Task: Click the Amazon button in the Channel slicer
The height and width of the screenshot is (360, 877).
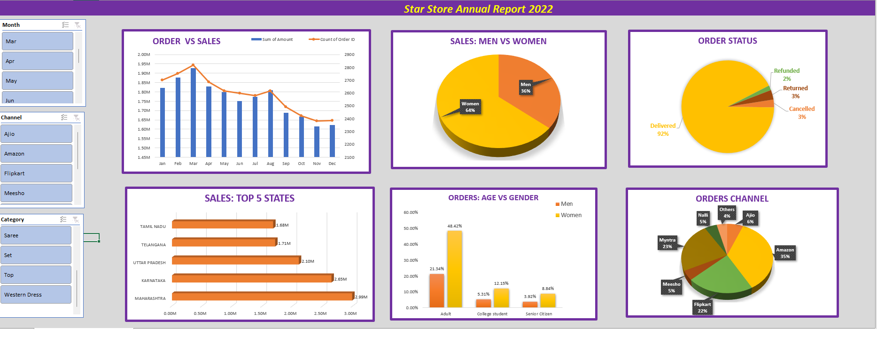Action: tap(36, 154)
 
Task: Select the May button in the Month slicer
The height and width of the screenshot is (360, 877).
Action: tap(37, 81)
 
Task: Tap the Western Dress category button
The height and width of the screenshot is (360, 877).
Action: tap(36, 295)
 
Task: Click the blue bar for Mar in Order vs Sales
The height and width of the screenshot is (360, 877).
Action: tap(193, 113)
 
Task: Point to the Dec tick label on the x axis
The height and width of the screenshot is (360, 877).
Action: tap(332, 164)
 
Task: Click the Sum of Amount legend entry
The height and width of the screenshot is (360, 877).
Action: tap(272, 39)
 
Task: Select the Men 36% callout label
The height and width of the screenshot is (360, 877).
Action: tap(526, 88)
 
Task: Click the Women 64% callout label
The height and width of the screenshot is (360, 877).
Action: tap(470, 107)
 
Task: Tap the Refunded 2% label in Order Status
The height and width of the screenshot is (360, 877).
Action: tap(786, 74)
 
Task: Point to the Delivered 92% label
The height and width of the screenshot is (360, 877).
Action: tap(663, 130)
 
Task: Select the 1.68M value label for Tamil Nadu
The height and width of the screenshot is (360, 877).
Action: tap(282, 225)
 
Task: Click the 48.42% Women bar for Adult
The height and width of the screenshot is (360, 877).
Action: tap(454, 269)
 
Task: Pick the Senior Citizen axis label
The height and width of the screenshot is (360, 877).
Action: tap(539, 314)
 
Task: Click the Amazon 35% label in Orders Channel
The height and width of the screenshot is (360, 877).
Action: tap(785, 253)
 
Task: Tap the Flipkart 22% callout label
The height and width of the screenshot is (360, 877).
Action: tap(702, 307)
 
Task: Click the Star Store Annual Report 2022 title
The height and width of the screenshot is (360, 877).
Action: tap(478, 9)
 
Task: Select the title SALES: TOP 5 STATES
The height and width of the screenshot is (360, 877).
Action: tap(249, 198)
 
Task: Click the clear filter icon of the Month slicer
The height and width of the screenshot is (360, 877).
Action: tap(78, 25)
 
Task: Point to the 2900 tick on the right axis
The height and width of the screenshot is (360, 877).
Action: tap(349, 55)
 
